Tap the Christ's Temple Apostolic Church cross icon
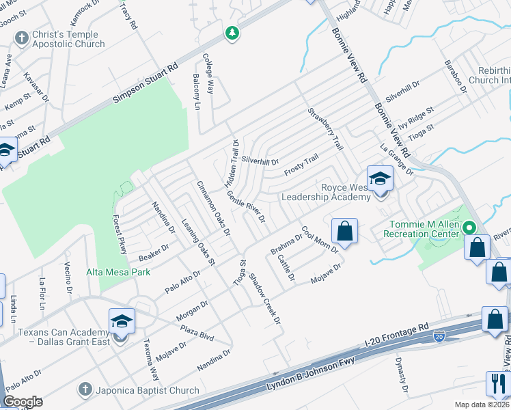[x=22, y=37]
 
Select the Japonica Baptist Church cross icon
[x=85, y=390]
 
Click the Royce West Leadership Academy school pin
[x=380, y=180]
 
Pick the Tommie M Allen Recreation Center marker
[x=469, y=228]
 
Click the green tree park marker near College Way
[x=233, y=33]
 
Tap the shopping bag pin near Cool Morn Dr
[x=345, y=231]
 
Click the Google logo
[x=23, y=402]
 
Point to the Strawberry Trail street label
[x=325, y=130]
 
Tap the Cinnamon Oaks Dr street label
[x=213, y=208]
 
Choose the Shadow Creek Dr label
[x=265, y=299]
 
